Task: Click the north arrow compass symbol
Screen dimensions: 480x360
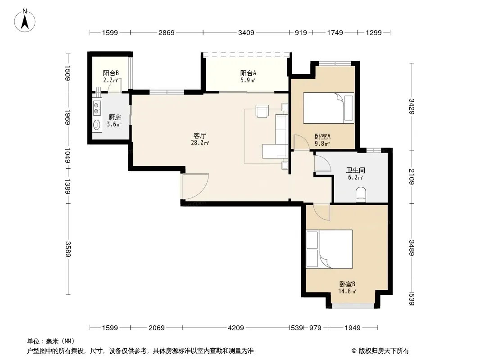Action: click(25, 21)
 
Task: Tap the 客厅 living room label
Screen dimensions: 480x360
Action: click(200, 135)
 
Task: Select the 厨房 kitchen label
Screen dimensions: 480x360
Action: click(115, 117)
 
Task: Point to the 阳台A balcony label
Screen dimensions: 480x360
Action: click(248, 73)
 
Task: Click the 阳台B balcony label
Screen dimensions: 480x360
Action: click(111, 73)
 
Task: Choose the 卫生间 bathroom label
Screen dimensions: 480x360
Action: click(355, 170)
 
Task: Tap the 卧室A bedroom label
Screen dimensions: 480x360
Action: click(323, 136)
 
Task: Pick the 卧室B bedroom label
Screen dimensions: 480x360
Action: click(347, 284)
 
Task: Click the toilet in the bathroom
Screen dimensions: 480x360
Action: click(361, 194)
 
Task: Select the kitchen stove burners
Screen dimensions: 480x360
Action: click(97, 108)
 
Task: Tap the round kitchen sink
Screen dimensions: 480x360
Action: click(97, 125)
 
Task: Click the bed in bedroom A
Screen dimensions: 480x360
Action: click(328, 108)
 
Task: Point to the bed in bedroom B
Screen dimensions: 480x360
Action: click(330, 249)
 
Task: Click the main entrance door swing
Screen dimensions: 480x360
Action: click(195, 187)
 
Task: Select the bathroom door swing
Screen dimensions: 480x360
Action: click(323, 163)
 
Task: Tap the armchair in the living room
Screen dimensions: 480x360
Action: click(263, 111)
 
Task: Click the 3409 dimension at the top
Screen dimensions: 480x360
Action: click(246, 32)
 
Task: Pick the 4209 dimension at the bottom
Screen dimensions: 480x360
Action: click(235, 328)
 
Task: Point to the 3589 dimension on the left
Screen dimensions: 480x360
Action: click(68, 249)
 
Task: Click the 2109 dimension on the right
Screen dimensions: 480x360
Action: click(412, 176)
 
